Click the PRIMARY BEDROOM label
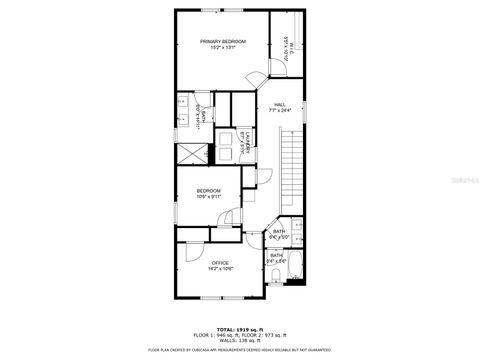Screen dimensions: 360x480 pyautogui.click(x=222, y=40)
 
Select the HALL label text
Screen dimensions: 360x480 pyautogui.click(x=280, y=103)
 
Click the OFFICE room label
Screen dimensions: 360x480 pyautogui.click(x=219, y=263)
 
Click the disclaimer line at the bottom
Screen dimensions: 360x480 pyautogui.click(x=239, y=350)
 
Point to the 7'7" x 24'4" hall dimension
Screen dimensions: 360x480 pyautogui.click(x=280, y=109)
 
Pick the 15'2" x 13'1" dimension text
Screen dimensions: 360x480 pyautogui.click(x=222, y=46)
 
